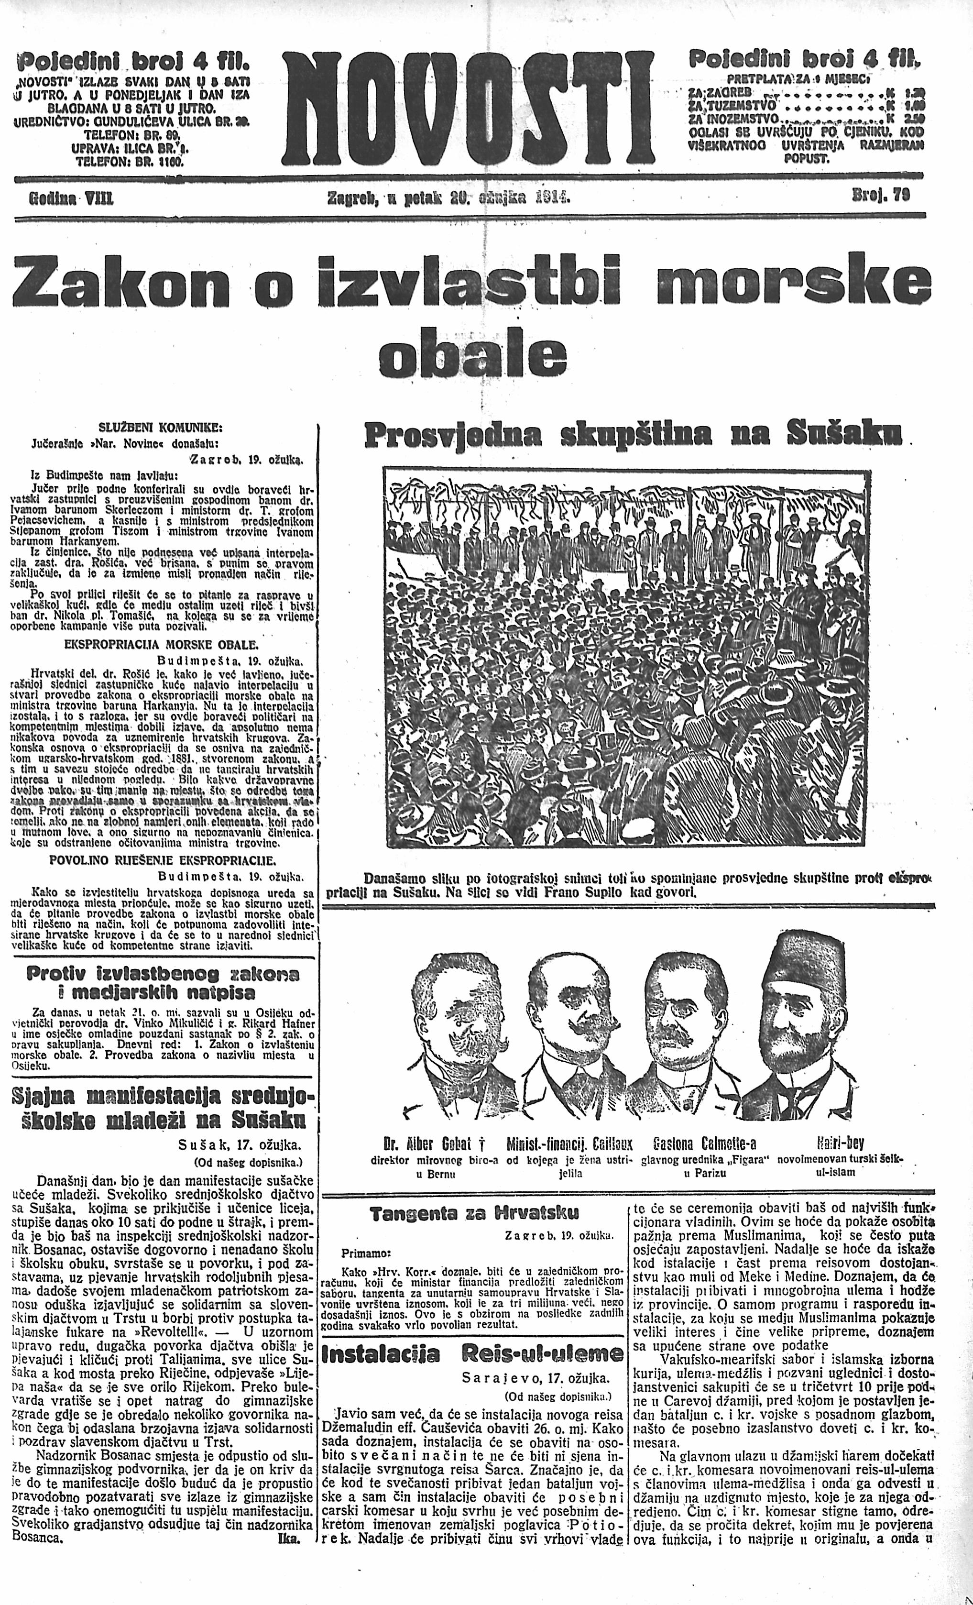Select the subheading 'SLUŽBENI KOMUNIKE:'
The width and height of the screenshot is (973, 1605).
[x=160, y=428]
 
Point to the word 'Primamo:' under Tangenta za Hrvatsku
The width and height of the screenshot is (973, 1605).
[x=365, y=1252]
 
